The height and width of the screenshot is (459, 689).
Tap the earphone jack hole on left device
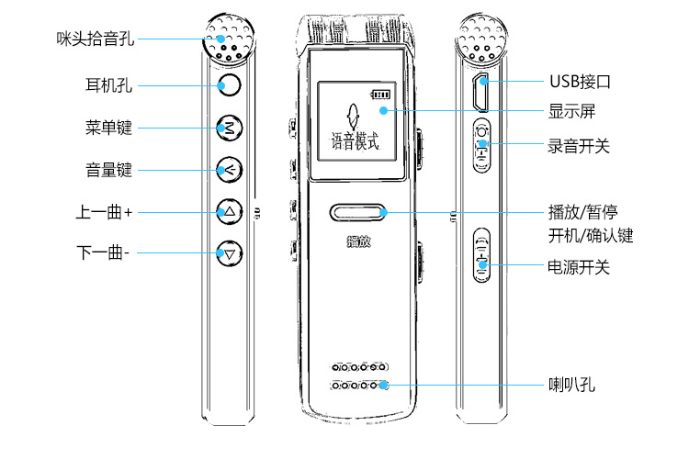click(x=229, y=86)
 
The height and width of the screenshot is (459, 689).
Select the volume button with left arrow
click(x=229, y=169)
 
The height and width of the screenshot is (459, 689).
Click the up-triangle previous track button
click(x=229, y=212)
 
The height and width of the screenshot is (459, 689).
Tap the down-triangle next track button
click(x=229, y=252)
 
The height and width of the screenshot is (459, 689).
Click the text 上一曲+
click(x=104, y=212)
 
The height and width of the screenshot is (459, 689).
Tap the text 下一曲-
click(x=102, y=252)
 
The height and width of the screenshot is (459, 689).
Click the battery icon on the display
click(x=379, y=94)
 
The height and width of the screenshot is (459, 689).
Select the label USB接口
click(x=580, y=82)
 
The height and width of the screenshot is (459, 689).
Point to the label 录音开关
click(x=579, y=145)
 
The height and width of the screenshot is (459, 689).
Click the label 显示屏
click(x=572, y=111)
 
